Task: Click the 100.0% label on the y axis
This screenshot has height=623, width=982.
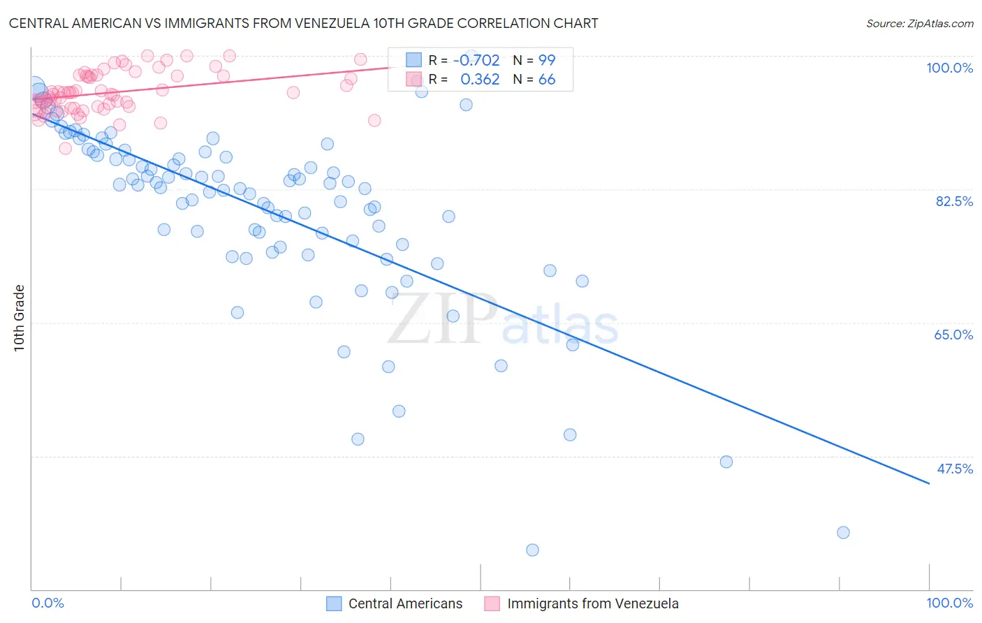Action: [x=949, y=68]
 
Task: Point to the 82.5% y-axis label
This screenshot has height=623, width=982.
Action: [x=954, y=201]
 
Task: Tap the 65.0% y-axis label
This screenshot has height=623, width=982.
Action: [x=953, y=335]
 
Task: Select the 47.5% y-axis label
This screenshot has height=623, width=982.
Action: [x=955, y=469]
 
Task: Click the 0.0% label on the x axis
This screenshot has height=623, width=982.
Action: [x=47, y=603]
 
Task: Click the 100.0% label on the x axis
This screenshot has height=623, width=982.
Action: [x=949, y=603]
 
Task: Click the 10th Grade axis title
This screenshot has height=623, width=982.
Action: [x=20, y=318]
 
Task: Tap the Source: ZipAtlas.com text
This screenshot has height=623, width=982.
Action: [x=919, y=24]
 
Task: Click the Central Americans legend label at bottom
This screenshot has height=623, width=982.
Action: [x=405, y=603]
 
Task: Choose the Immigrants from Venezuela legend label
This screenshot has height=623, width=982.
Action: [x=592, y=603]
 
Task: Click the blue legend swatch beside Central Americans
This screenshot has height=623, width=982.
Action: [x=334, y=603]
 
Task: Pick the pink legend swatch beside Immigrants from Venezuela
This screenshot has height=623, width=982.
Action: [x=492, y=603]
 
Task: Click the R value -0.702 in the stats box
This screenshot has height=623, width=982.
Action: [x=476, y=60]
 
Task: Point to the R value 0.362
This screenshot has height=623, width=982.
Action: [x=480, y=80]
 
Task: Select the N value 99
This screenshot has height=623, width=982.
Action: [x=547, y=60]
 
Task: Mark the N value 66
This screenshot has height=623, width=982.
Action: [x=547, y=80]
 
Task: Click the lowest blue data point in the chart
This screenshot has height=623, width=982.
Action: [x=532, y=550]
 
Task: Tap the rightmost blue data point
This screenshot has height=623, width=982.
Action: [x=843, y=532]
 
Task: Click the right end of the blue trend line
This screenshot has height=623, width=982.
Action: [x=929, y=483]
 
